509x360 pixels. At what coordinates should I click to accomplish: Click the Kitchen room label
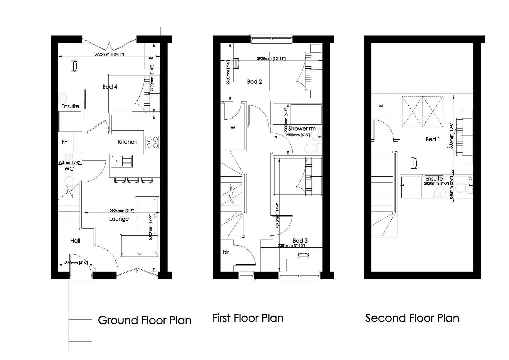point(128,142)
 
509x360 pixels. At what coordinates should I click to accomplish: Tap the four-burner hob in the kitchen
point(152,142)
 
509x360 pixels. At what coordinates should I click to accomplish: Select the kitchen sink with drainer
point(122,161)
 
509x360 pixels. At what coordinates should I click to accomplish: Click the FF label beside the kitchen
point(64,142)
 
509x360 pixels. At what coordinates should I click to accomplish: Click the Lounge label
point(119,219)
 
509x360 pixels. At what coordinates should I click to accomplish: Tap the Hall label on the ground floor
point(75,241)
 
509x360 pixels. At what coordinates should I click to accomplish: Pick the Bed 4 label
point(110,87)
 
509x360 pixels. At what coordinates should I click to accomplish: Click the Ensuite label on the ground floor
point(70,106)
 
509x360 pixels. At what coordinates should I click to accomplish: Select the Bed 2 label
point(254,82)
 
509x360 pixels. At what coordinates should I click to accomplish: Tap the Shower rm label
point(302,129)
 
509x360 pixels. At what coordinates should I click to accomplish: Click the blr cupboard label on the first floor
point(226,252)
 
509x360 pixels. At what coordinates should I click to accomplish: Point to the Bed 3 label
point(300,241)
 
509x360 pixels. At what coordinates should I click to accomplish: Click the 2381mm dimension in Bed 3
point(291,246)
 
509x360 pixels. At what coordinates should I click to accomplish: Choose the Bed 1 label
point(433,139)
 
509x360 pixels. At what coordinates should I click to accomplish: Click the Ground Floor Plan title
point(145,320)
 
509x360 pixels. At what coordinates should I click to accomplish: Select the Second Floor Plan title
point(412,318)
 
